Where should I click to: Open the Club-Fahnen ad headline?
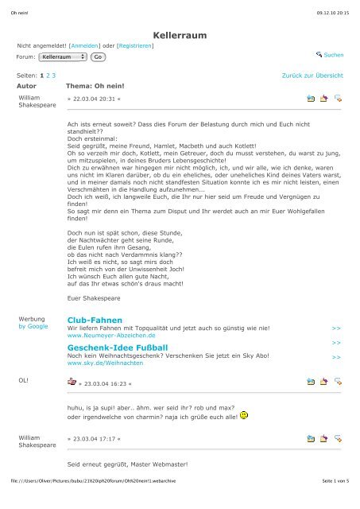click(x=92, y=321)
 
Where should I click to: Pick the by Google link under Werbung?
click(x=32, y=326)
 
